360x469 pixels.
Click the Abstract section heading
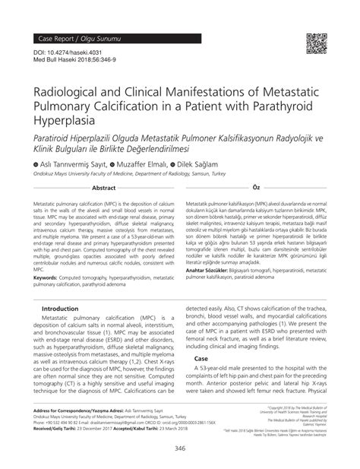pos(103,187)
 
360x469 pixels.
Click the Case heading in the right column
pos(201,379)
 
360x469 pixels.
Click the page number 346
pos(180,451)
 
